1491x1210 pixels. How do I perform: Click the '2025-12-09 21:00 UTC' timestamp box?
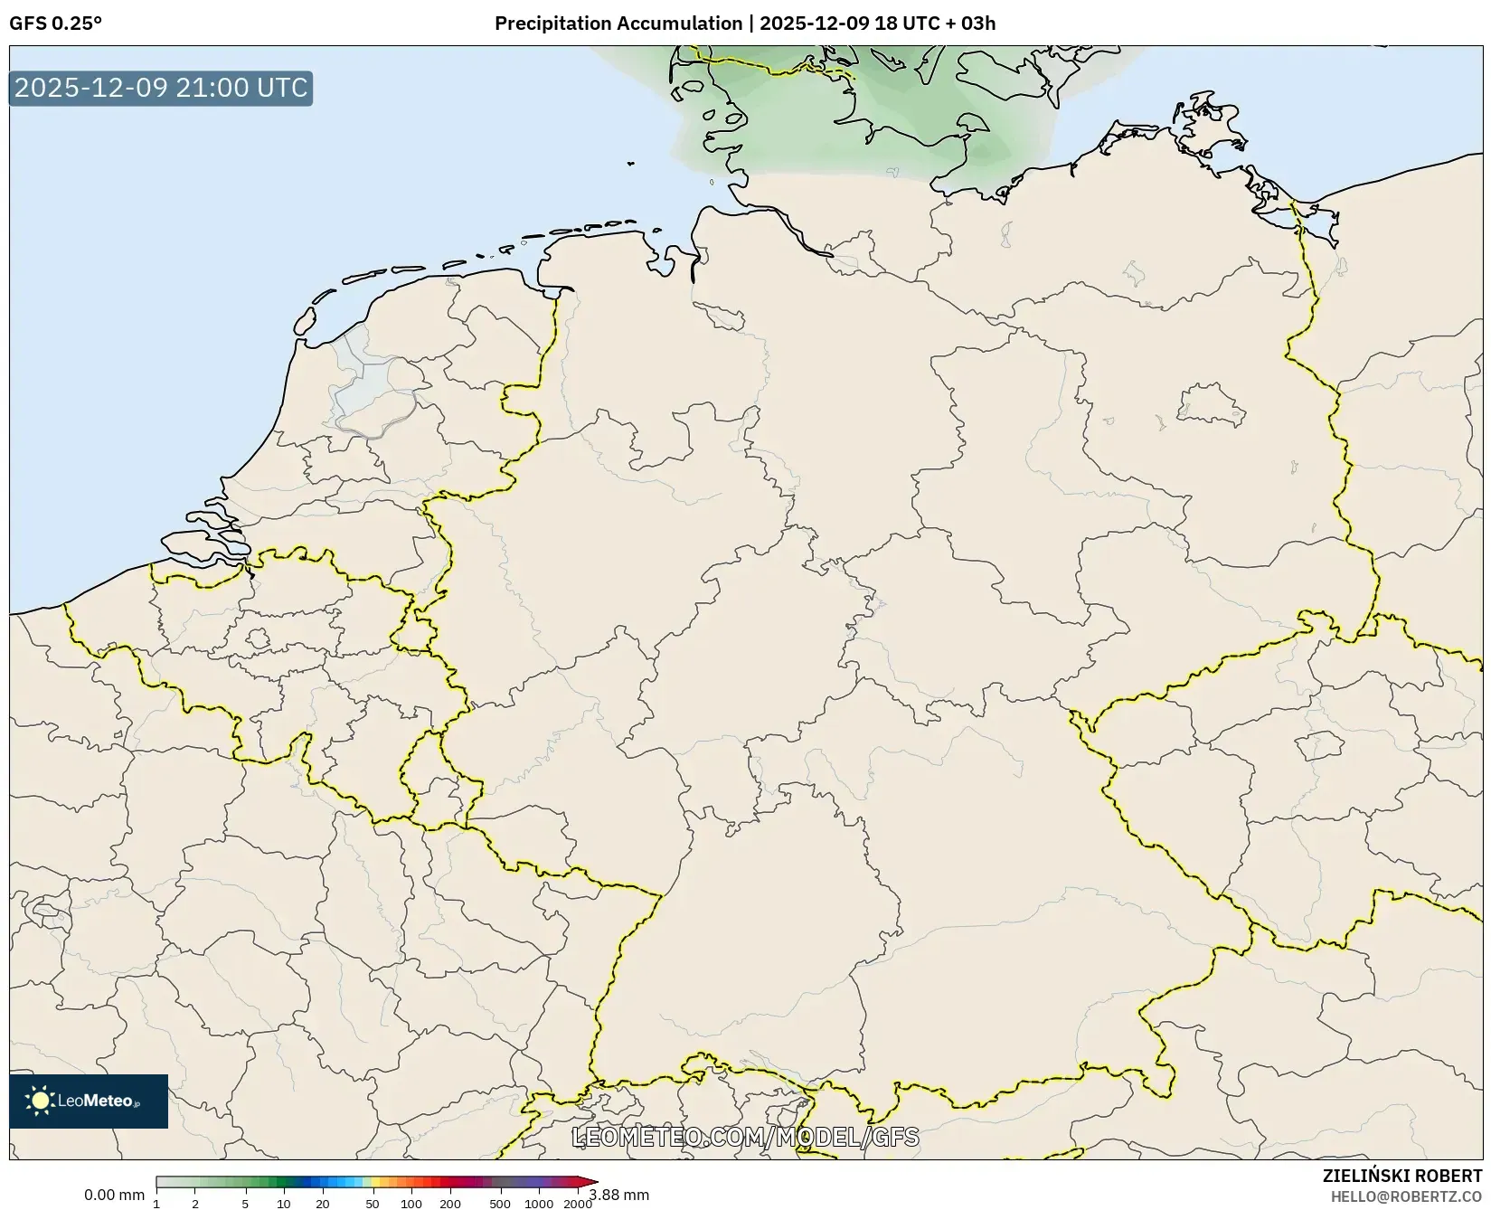click(161, 89)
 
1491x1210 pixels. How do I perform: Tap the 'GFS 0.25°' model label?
click(55, 24)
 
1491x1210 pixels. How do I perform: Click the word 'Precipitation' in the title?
click(552, 24)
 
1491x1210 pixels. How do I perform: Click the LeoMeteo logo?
click(89, 1101)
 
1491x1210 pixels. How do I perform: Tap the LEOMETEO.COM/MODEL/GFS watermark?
click(745, 1137)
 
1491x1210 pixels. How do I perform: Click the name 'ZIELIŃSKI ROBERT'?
click(1402, 1177)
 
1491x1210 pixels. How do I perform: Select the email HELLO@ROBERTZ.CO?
click(1406, 1196)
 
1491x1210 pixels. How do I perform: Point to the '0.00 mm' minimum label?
click(114, 1196)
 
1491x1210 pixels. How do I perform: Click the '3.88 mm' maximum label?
click(619, 1196)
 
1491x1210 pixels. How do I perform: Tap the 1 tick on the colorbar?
click(156, 1204)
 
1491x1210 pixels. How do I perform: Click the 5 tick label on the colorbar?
click(245, 1204)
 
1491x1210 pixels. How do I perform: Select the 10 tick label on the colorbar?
click(284, 1204)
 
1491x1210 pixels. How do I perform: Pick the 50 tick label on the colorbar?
click(373, 1204)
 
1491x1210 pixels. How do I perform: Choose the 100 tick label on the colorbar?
click(411, 1204)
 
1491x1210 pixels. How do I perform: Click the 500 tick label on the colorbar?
click(500, 1204)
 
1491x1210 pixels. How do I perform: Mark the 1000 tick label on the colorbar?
click(539, 1204)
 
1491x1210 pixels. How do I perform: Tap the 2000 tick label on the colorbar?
click(578, 1204)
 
